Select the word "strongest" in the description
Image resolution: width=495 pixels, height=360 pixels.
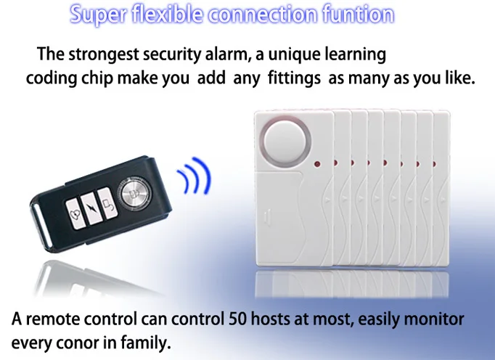pos(104,54)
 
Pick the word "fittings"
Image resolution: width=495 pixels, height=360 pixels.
pos(294,78)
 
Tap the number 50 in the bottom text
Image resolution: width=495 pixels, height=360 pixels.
pos(237,319)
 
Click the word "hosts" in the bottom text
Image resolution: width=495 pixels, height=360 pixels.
pos(270,319)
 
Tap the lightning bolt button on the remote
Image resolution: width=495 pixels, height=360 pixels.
pos(90,208)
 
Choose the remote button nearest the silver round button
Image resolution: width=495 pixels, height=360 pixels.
pos(107,202)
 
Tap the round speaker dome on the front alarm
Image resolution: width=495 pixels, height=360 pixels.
pos(285,140)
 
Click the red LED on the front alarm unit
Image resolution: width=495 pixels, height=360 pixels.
pos(317,165)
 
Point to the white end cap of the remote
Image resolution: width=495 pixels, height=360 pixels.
pos(41,225)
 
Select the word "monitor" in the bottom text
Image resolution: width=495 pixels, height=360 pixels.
pos(434,319)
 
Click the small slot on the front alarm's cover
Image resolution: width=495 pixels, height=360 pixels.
pos(266,217)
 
